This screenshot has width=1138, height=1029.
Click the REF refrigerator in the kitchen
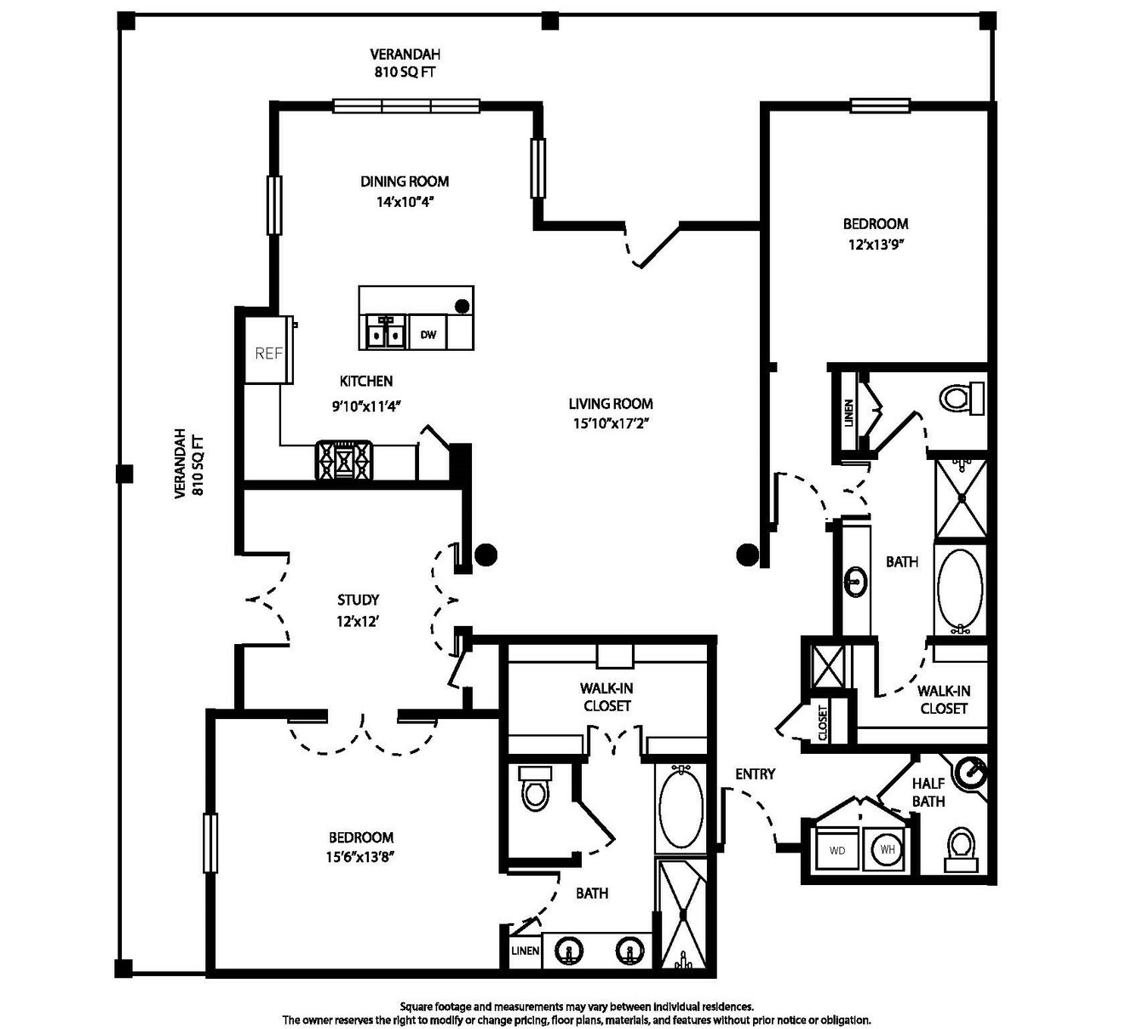click(x=268, y=350)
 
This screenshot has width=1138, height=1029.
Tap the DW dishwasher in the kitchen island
click(x=428, y=334)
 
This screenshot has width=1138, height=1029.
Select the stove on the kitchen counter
click(x=344, y=460)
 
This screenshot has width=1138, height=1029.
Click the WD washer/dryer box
click(x=837, y=849)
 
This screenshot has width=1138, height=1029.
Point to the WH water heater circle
click(x=888, y=849)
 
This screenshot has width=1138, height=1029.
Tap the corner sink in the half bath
click(x=973, y=772)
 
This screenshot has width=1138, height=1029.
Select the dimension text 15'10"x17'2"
click(x=611, y=423)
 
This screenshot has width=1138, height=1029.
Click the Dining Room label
click(x=405, y=181)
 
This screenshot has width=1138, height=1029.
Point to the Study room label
click(x=358, y=600)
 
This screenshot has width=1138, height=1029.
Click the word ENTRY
click(x=755, y=774)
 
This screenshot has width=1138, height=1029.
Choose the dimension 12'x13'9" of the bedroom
click(x=876, y=244)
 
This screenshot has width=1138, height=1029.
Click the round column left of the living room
click(x=486, y=555)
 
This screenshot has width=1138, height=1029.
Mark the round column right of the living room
click(x=747, y=555)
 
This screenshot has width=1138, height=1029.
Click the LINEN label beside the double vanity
click(x=525, y=951)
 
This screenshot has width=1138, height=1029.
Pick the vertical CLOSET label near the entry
click(x=823, y=722)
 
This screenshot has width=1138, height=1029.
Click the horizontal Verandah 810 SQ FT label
click(x=405, y=63)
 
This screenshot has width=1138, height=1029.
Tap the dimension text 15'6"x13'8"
click(x=361, y=856)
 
